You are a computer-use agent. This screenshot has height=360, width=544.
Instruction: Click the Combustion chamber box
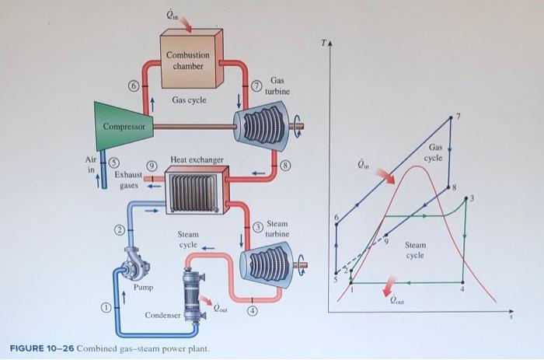[187, 58]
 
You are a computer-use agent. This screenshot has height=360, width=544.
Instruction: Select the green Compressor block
[124, 124]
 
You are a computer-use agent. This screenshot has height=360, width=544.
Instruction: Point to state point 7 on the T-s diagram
[452, 118]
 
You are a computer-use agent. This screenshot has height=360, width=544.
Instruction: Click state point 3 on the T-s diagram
[466, 199]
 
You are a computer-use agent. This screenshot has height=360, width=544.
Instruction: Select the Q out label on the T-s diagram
[397, 297]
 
